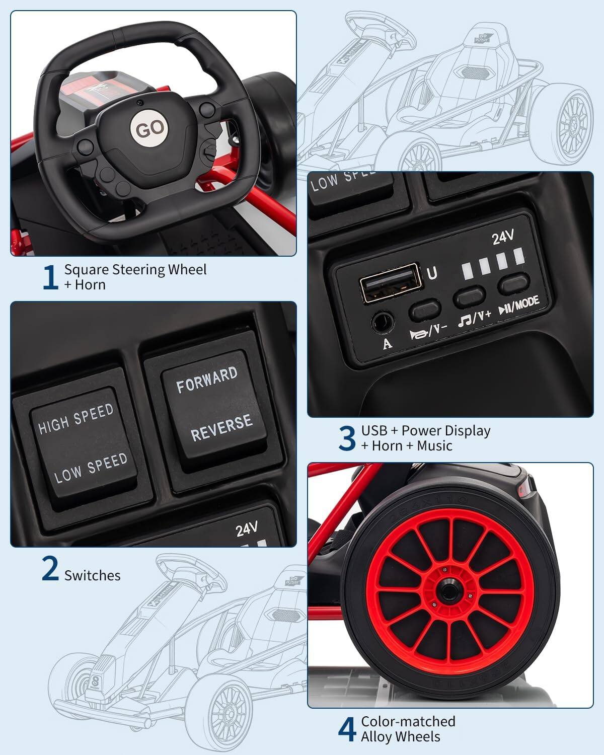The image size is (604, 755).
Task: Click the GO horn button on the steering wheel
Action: coord(150,129)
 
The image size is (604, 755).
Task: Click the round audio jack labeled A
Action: coord(382,320)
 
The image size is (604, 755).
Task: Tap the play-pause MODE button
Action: coord(514,284)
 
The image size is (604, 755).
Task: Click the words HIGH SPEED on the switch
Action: coord(76,419)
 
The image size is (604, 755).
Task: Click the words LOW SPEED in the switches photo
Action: coord(91,468)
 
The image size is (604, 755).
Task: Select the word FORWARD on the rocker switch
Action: coord(206,380)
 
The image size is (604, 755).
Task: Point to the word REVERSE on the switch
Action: coord(221,427)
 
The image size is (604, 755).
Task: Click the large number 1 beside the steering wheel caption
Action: coord(50,277)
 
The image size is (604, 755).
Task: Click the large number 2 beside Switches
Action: coord(50,569)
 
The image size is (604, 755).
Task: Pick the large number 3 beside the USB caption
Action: coord(347,438)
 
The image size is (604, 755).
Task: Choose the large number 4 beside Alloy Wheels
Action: coord(347,729)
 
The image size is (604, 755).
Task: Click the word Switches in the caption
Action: coord(93,575)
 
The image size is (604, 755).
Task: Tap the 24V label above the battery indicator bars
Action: coord(502,237)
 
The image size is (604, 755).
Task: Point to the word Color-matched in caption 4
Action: coord(408,721)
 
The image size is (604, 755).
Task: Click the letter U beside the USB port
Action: coord(432,273)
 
